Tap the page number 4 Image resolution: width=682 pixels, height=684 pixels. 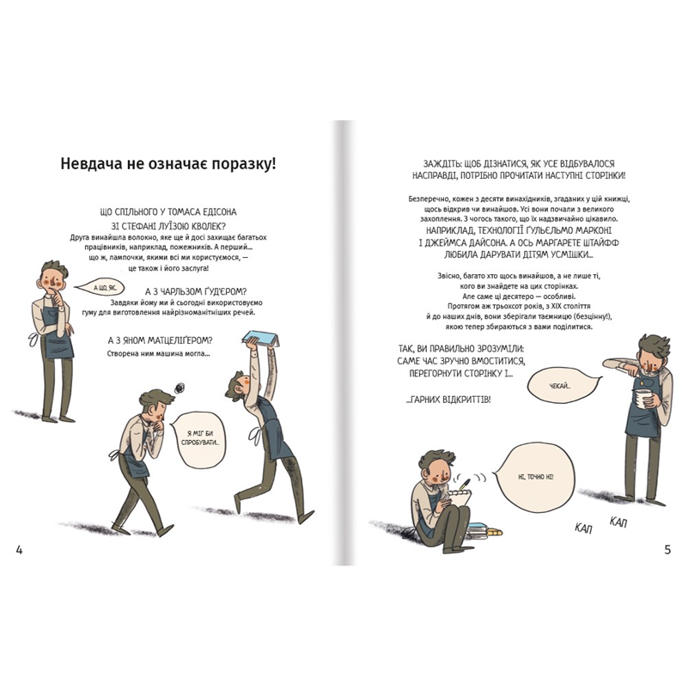point(19,550)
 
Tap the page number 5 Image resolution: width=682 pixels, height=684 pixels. point(667,550)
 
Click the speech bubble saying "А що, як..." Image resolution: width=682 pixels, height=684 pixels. point(95,287)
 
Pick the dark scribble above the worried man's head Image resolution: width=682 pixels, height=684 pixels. point(180,387)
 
